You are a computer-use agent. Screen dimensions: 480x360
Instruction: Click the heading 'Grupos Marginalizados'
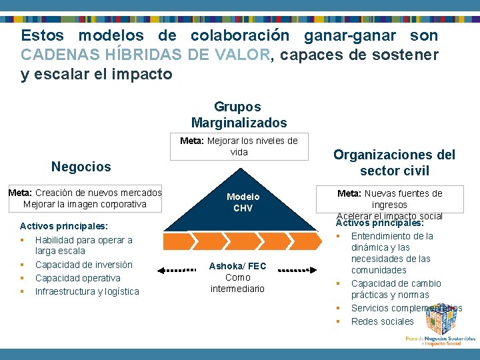point(239,115)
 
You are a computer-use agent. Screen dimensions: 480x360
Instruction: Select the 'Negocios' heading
point(81,166)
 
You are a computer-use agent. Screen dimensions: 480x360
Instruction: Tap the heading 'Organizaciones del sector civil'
point(394,163)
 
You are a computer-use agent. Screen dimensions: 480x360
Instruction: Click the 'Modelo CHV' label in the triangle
point(243,202)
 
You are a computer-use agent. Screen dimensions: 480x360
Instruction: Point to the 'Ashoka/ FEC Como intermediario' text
point(237,277)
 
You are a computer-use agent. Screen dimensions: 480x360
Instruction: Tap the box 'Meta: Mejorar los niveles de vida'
point(239,147)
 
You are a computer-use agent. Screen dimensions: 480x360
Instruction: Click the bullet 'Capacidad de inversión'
point(84,265)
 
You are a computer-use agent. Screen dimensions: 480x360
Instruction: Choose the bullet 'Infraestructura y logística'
point(87,291)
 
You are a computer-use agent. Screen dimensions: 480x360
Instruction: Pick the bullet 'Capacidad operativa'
point(78,278)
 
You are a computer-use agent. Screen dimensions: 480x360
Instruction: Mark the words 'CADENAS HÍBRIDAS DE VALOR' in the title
point(146,55)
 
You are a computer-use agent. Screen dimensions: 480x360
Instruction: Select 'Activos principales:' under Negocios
point(64,226)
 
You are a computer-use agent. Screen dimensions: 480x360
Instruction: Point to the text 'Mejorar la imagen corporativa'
point(85,204)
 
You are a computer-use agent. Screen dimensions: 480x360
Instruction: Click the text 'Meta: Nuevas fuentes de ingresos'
point(390,199)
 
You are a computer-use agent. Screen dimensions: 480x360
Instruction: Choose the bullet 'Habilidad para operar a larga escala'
point(84,245)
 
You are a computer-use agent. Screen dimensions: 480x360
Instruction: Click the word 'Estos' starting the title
point(43,35)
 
